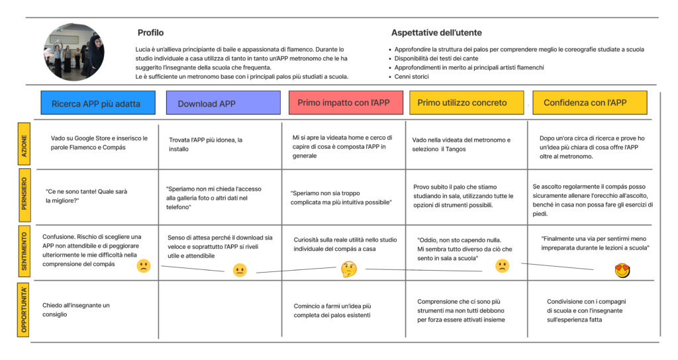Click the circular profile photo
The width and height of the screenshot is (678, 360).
coord(74,52)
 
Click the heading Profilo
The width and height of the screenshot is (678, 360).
coord(150,32)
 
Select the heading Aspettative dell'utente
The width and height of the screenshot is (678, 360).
coord(436,32)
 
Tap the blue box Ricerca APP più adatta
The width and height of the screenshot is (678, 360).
coord(98,103)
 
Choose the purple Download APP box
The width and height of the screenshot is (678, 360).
coord(223,103)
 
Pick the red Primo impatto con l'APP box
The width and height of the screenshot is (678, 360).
coord(346,103)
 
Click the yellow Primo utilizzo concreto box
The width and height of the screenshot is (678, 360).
coord(467,103)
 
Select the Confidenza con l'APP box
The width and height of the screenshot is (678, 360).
coord(590,103)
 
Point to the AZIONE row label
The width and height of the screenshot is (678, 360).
coord(24,144)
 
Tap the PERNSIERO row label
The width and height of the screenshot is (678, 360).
coord(24,194)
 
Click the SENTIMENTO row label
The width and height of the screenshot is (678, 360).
coord(24,251)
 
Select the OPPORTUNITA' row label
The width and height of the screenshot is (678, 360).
coord(24,310)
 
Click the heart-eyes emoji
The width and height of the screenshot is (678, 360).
coord(622,271)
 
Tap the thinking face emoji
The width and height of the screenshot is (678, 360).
coord(348,269)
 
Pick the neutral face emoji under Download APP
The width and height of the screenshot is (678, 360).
coord(240,270)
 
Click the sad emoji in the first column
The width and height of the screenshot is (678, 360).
coord(144,266)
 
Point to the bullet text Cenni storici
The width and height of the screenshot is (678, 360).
coord(412,77)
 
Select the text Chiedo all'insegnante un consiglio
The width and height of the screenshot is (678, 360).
coord(76,310)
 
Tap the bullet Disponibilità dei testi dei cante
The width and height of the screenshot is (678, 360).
coord(436,58)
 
